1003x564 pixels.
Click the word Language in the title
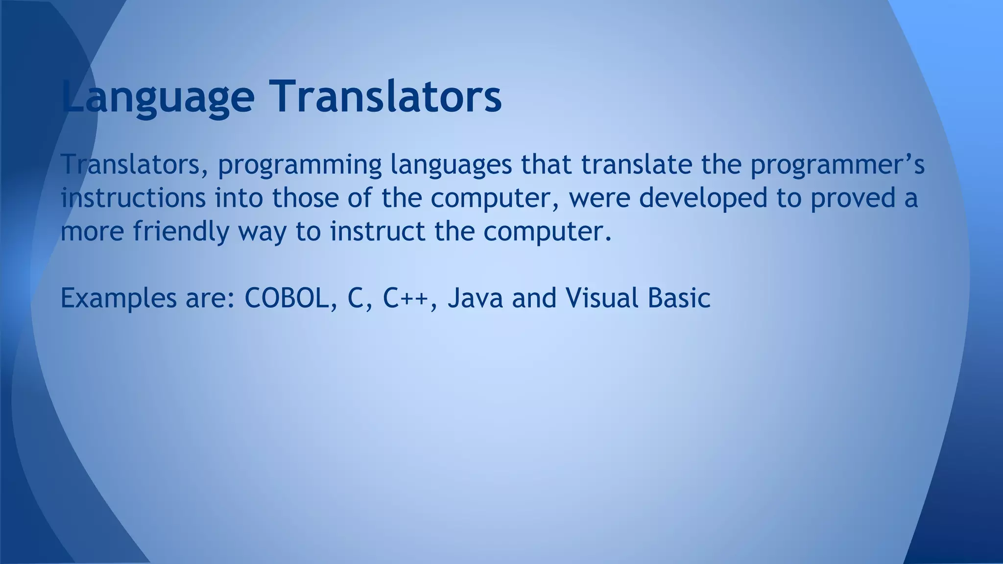pos(158,96)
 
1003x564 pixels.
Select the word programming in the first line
pos(299,165)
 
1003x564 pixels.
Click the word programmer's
pos(837,165)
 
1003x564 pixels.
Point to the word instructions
pos(133,198)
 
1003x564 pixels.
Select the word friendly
pos(181,232)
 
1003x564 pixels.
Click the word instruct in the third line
pos(377,232)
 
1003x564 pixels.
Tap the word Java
pos(475,298)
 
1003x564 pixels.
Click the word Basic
pos(679,298)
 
